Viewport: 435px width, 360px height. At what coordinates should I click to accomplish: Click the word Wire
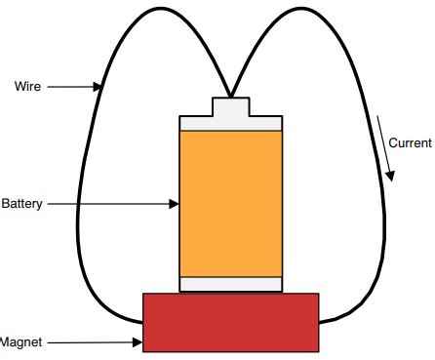click(x=27, y=87)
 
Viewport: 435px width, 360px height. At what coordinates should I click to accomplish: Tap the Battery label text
click(x=21, y=204)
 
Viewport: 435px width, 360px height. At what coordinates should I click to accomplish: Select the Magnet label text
click(x=20, y=342)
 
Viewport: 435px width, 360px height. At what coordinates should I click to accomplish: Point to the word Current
click(x=410, y=143)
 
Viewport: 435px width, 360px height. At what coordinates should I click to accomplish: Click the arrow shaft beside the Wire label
click(x=70, y=87)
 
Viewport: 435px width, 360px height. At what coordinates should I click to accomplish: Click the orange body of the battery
click(x=231, y=204)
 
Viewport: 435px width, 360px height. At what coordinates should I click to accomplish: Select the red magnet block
click(x=231, y=321)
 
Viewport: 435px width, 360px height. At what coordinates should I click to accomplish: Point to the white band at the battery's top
click(x=231, y=124)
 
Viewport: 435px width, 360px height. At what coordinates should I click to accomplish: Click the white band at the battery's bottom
click(x=231, y=284)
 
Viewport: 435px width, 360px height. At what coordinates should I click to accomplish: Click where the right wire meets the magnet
click(x=320, y=319)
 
